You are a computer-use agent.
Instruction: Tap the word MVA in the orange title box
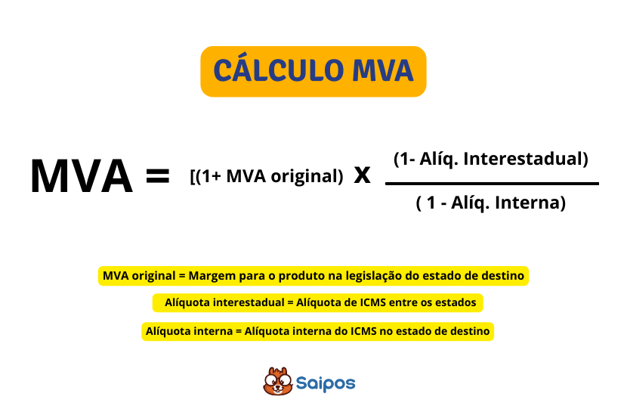click(383, 70)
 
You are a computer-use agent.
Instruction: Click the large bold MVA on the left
click(82, 175)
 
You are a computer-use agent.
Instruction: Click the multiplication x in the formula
click(362, 175)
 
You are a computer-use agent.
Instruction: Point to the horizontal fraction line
click(491, 183)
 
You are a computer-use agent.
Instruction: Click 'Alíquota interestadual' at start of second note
click(218, 303)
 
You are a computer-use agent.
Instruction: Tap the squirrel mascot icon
click(277, 382)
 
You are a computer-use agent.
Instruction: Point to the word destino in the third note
click(471, 331)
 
